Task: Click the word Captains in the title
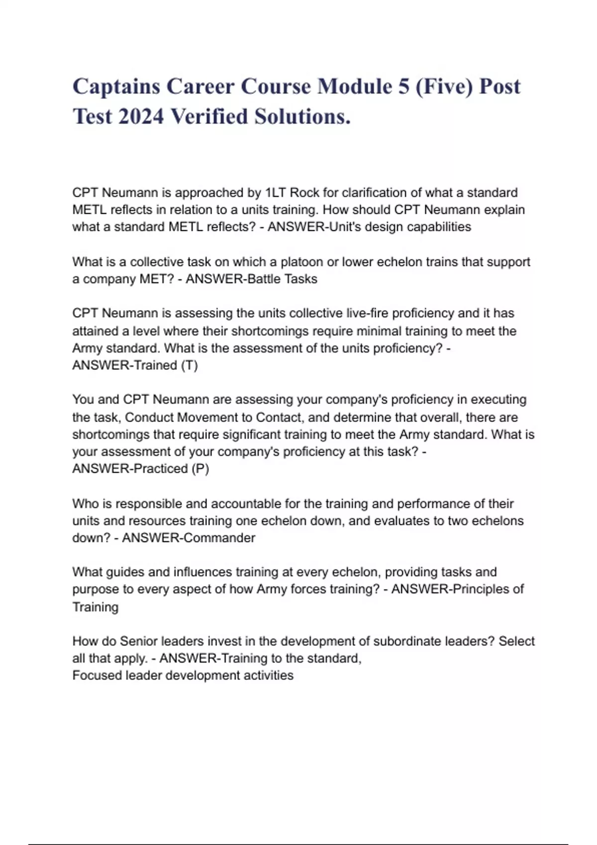point(115,86)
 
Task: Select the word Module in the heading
point(355,86)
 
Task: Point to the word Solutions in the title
point(302,117)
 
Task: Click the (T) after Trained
point(189,366)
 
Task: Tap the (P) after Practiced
point(200,469)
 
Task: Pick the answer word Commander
point(217,538)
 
